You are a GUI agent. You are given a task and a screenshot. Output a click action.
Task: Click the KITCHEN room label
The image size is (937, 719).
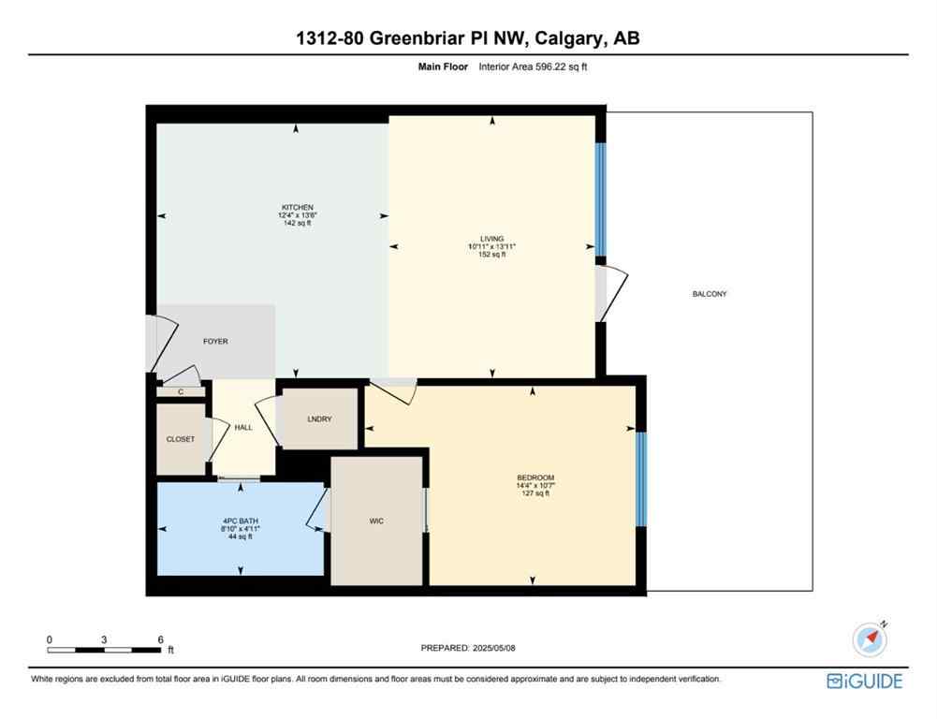[298, 207]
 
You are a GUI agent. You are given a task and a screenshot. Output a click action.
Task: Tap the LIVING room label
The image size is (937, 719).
[492, 238]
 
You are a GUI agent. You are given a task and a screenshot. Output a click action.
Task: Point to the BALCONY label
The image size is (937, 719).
[710, 294]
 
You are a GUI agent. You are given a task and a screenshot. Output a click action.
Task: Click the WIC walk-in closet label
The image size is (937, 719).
[376, 521]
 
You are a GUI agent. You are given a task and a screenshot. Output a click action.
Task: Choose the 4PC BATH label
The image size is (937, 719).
[242, 521]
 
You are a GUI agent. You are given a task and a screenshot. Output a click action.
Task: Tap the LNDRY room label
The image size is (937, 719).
[319, 418]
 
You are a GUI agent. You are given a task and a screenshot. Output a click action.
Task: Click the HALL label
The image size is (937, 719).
[243, 428]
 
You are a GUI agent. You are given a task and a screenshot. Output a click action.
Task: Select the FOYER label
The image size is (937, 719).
[215, 342]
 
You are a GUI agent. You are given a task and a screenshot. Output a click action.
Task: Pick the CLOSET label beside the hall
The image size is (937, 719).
[181, 439]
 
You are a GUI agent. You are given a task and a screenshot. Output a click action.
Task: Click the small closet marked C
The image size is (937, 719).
[181, 392]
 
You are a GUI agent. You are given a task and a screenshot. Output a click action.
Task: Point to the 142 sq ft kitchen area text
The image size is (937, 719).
[298, 223]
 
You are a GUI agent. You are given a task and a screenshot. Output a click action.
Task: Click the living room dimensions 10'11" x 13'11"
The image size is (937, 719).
[492, 246]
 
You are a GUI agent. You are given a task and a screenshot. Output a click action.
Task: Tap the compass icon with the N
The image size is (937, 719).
[871, 638]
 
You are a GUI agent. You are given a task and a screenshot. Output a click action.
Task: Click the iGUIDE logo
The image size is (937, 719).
[865, 681]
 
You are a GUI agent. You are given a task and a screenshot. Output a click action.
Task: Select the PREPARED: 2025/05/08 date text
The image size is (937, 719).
[468, 648]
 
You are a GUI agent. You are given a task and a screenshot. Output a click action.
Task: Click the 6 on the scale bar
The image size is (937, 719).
[161, 639]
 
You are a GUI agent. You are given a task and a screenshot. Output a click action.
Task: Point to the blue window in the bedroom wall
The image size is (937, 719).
[640, 477]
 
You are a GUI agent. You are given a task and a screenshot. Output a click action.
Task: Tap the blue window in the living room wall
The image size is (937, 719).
[601, 199]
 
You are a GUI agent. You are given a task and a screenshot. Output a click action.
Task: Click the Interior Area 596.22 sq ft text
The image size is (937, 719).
[533, 67]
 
